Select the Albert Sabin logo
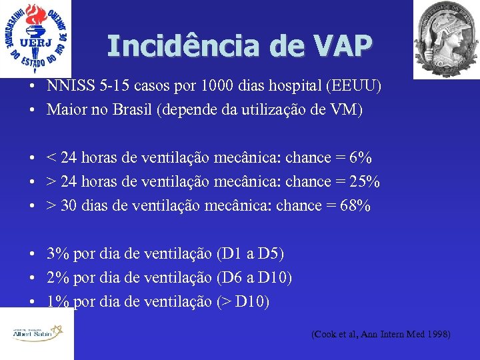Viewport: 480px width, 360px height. coord(37,333)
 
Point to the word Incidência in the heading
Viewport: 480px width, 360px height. coord(183,46)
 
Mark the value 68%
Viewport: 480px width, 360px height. coord(354,206)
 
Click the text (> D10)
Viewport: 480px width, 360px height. coord(243,302)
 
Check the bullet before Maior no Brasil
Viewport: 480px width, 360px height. coord(31,110)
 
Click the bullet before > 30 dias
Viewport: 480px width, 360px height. coord(31,206)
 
